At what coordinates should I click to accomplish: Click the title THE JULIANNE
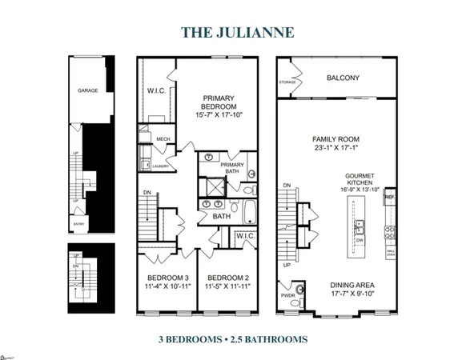click(x=232, y=32)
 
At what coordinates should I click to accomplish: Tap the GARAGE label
click(x=88, y=90)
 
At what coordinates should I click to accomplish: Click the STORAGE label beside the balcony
click(x=288, y=82)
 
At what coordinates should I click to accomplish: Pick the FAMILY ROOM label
click(x=333, y=138)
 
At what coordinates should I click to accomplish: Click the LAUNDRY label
click(x=160, y=166)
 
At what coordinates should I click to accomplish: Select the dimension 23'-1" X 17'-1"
click(x=333, y=148)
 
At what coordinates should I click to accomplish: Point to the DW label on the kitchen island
click(x=360, y=239)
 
